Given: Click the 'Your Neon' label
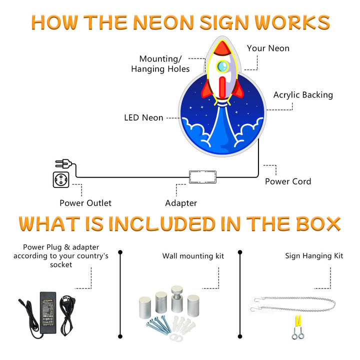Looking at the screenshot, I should (268, 48).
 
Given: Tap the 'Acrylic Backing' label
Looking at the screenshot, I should (303, 94).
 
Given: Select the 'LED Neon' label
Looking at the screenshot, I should (143, 117).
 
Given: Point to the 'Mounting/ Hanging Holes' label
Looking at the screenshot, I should (160, 64).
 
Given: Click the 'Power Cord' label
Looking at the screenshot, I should (287, 181).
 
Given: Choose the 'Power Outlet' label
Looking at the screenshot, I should (85, 203).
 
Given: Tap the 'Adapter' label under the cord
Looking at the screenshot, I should (181, 203).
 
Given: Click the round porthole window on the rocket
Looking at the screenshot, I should (223, 65).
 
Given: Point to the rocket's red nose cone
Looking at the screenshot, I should (223, 48).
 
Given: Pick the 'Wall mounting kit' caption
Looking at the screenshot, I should (193, 256).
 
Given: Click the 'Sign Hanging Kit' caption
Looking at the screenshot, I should (314, 256).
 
